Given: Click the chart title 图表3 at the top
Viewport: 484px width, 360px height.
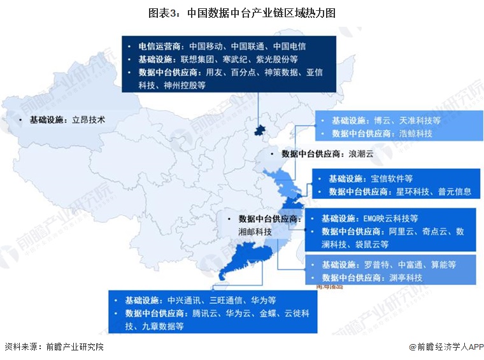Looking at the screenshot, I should click(241, 12).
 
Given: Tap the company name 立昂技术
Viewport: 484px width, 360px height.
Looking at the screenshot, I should click(87, 119).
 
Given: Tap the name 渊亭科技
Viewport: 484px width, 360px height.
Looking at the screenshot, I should click(406, 278).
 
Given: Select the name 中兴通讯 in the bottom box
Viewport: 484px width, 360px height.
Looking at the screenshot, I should click(185, 299).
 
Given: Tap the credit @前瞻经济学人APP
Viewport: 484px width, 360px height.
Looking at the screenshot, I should click(446, 347).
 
